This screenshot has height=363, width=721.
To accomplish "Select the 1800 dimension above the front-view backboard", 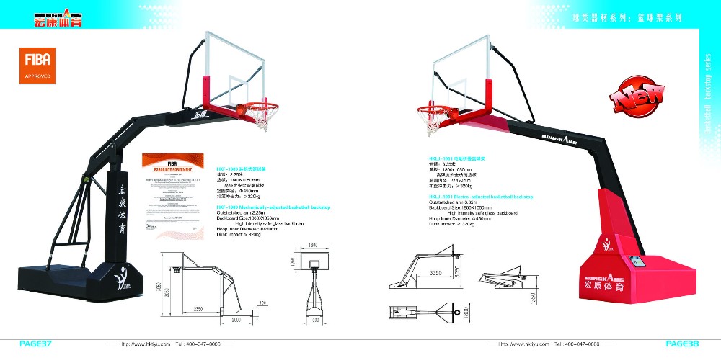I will click(x=314, y=246).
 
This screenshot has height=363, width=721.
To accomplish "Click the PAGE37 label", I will click(x=35, y=344).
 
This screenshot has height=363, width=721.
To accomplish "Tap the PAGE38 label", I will click(x=682, y=344).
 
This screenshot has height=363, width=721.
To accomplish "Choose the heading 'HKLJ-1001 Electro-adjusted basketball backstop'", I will click(x=480, y=196).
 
